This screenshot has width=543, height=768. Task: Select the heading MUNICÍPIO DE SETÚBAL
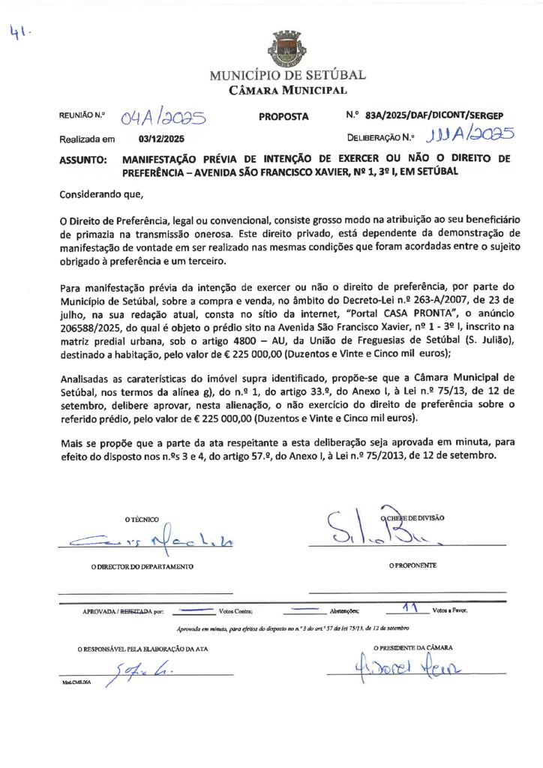click(288, 76)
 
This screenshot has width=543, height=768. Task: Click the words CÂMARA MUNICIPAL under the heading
click(288, 91)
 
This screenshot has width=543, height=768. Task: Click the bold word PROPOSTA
click(283, 117)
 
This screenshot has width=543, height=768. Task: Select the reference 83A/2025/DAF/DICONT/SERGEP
click(433, 116)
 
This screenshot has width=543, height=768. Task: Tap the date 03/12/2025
click(162, 139)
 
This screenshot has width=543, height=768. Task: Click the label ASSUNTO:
click(82, 160)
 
